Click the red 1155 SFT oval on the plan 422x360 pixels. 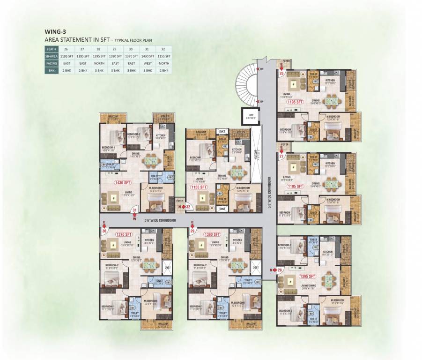(199, 187)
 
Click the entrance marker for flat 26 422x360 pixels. (281, 72)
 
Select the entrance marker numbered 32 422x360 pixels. (186, 206)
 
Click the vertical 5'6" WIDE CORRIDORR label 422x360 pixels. (270, 192)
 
